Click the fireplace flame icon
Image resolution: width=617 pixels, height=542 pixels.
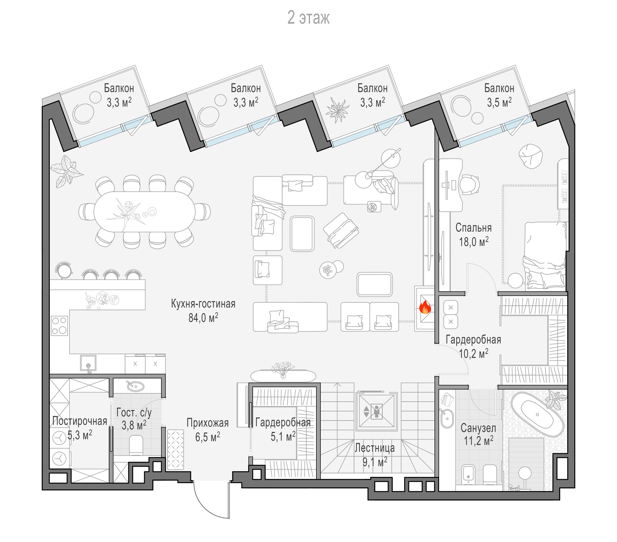coord(425,307)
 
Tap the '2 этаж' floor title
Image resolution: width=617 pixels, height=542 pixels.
coord(308,18)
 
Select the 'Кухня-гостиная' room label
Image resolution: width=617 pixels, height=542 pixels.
coord(203,304)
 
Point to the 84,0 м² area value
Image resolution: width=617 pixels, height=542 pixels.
coord(203,317)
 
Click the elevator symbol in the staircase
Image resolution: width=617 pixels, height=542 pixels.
coord(376,411)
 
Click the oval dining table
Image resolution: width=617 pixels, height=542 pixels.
coord(145,212)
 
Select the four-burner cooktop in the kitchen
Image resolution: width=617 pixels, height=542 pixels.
coord(59,325)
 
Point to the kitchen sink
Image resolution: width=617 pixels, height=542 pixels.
coord(88,363)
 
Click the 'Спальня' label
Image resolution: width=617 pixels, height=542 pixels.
coord(473,228)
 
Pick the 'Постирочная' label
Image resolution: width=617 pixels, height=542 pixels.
coord(80,421)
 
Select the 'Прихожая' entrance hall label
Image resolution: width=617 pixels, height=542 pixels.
coord(207,423)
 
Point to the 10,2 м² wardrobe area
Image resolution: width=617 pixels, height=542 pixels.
coord(474,353)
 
